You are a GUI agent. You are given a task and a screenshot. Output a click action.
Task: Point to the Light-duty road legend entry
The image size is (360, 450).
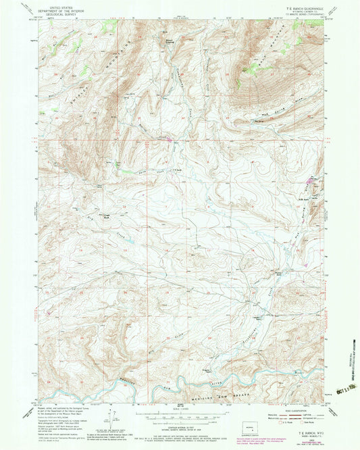pyautogui.click(x=298, y=415)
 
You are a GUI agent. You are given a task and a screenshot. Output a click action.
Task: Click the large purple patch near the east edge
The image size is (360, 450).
pyautogui.click(x=312, y=180)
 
